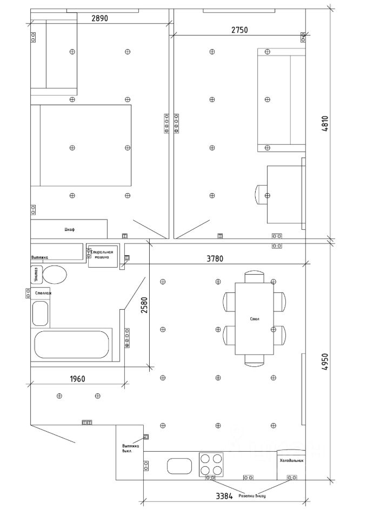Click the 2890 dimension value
click(100, 18)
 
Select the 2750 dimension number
click(239, 30)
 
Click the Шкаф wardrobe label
click(69, 230)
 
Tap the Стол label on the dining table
click(255, 319)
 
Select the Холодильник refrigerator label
click(291, 461)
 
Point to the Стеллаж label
click(43, 293)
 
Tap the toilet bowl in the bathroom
click(54, 275)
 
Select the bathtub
click(72, 344)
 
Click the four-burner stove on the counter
click(211, 464)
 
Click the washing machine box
click(102, 255)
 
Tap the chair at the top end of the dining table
click(255, 277)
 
